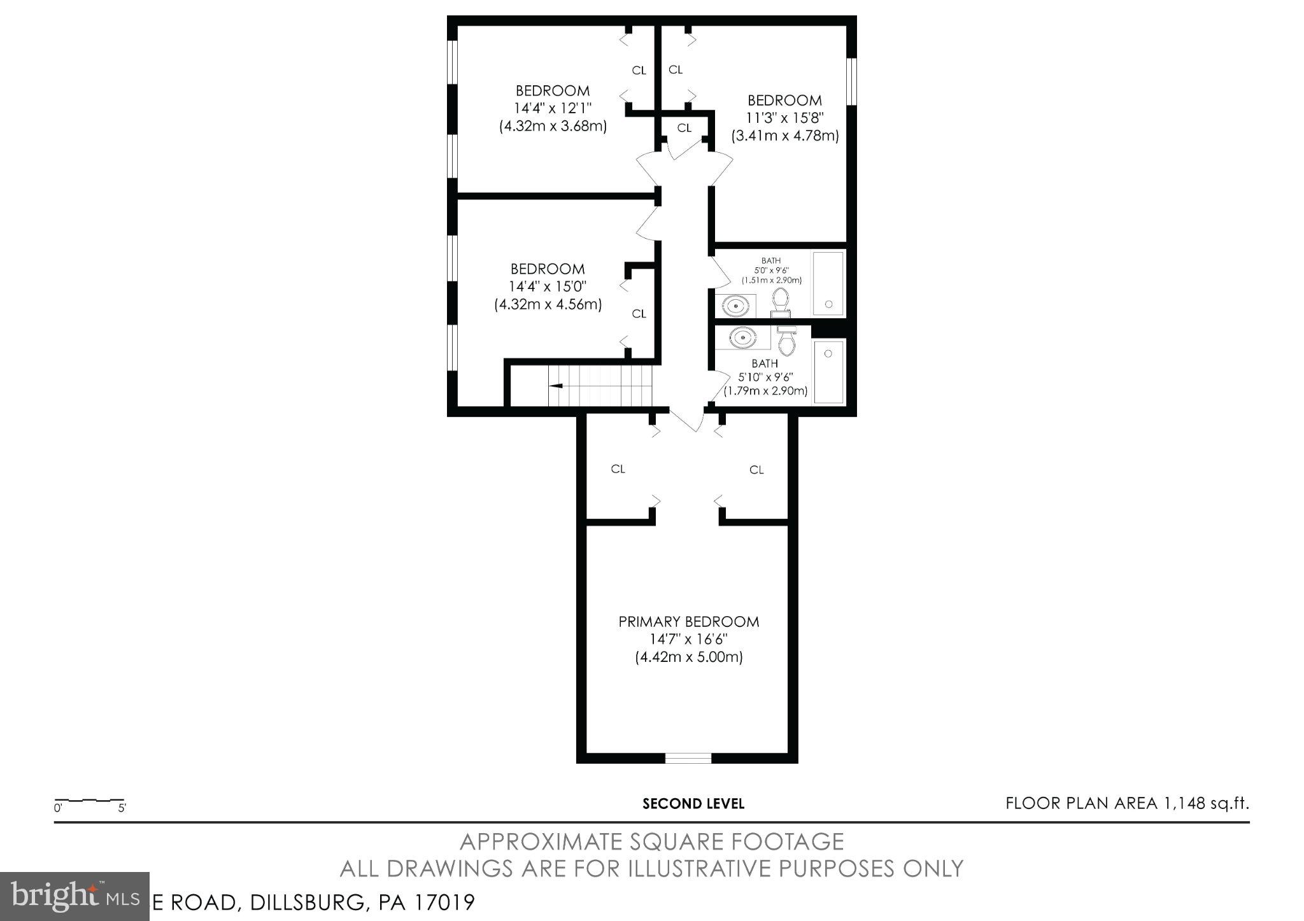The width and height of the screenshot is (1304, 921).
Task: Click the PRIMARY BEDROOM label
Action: (x=688, y=622)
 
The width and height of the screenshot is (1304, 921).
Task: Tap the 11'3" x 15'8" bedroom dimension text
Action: (x=784, y=118)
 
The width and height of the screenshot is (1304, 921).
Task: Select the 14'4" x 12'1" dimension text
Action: (x=553, y=108)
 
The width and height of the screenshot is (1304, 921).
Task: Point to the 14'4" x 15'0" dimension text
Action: (x=548, y=286)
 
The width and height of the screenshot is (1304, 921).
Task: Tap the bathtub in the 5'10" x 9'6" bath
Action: (x=829, y=371)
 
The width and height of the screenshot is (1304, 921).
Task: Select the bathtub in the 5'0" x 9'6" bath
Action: (x=828, y=284)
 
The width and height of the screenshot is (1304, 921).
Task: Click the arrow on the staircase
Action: (x=556, y=386)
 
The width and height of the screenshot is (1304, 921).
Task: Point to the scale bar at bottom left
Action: (x=90, y=801)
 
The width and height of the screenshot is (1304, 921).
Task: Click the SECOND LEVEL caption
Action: (x=693, y=804)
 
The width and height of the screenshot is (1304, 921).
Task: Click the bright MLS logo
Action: (x=74, y=896)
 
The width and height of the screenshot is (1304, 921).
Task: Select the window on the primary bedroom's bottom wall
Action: (x=688, y=757)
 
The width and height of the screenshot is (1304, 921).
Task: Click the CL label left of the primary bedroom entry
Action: (x=618, y=469)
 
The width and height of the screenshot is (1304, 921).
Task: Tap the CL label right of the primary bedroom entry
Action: (x=756, y=470)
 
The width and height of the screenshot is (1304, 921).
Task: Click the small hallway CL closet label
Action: (x=684, y=128)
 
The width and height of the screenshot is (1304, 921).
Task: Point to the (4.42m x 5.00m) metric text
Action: (x=688, y=657)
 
